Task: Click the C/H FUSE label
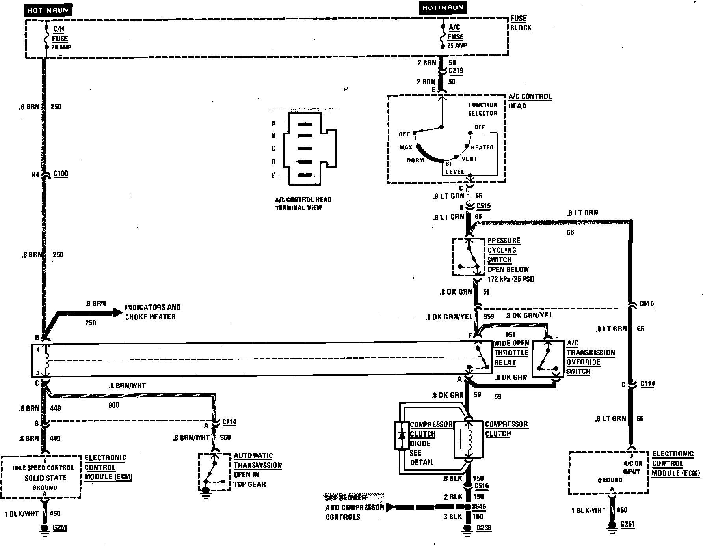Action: [60, 34]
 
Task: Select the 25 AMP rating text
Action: [457, 45]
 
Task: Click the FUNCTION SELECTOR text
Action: [482, 109]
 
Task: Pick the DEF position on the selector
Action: [480, 127]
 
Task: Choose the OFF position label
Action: [404, 134]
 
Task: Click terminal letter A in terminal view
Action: [273, 123]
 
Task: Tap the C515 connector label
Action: [483, 206]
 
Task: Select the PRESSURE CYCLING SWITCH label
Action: [503, 250]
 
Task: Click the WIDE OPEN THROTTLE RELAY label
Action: [511, 353]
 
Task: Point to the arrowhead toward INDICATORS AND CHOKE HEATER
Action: [118, 312]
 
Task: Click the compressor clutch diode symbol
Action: [402, 435]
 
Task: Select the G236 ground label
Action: [484, 528]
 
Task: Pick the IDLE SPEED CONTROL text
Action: [43, 468]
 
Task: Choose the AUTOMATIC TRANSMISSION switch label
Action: [257, 460]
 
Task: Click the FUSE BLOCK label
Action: [521, 23]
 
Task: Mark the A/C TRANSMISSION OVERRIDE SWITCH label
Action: [590, 357]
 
